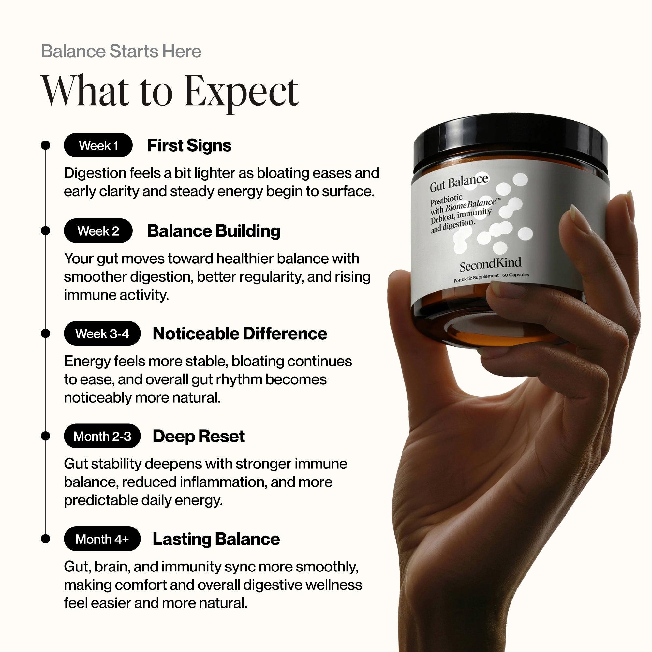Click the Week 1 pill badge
tap(98, 145)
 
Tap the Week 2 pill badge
tap(98, 231)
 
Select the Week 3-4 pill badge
tap(102, 333)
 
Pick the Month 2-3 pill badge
tap(102, 436)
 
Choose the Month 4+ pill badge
tap(102, 539)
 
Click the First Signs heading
tap(189, 145)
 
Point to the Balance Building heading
tap(214, 231)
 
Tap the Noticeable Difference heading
tap(240, 333)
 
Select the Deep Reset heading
tap(199, 436)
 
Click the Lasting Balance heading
tap(216, 539)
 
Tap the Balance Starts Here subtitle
tap(121, 51)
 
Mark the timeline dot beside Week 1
tap(45, 145)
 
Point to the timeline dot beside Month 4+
tap(45, 539)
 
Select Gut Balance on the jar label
tap(459, 183)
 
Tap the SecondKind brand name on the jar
tap(490, 264)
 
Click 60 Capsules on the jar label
tap(515, 275)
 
